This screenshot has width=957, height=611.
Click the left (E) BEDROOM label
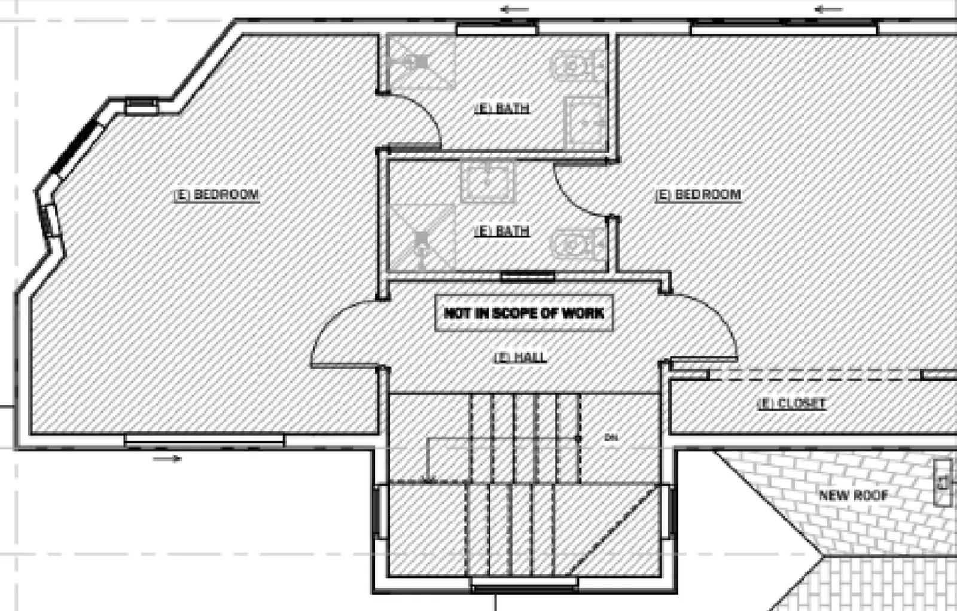click(x=217, y=195)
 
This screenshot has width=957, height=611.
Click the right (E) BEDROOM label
click(x=698, y=195)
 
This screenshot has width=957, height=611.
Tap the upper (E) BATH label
click(x=501, y=108)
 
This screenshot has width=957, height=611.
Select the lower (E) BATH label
click(x=501, y=230)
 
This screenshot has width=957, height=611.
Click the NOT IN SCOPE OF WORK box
click(x=524, y=313)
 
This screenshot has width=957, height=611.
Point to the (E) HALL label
click(x=520, y=358)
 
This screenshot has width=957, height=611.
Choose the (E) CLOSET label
click(x=791, y=404)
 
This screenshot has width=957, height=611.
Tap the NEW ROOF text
click(x=854, y=495)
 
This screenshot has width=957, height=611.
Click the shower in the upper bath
click(x=420, y=62)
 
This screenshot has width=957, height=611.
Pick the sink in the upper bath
click(x=585, y=123)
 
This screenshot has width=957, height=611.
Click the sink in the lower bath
click(x=487, y=181)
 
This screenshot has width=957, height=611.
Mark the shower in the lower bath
click(x=422, y=238)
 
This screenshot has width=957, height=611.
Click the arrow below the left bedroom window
click(x=167, y=459)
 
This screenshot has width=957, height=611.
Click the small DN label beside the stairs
click(x=611, y=438)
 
